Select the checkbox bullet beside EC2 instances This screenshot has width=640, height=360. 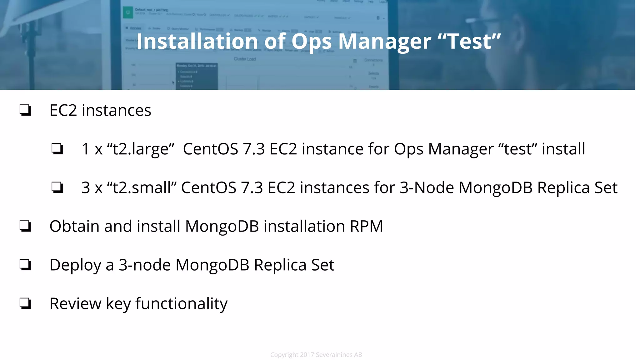25,110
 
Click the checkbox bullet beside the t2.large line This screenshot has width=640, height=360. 57,149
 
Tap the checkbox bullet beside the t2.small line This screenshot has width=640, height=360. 57,187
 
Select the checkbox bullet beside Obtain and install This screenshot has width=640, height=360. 25,226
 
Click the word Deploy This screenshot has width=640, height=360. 75,265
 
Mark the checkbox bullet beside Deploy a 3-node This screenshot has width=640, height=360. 25,265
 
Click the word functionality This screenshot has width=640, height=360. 181,303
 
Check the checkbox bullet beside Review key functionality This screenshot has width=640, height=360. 25,303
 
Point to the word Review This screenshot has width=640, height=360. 75,303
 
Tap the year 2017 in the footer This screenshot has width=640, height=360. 307,355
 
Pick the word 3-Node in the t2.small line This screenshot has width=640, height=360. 427,187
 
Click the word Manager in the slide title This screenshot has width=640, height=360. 384,41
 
